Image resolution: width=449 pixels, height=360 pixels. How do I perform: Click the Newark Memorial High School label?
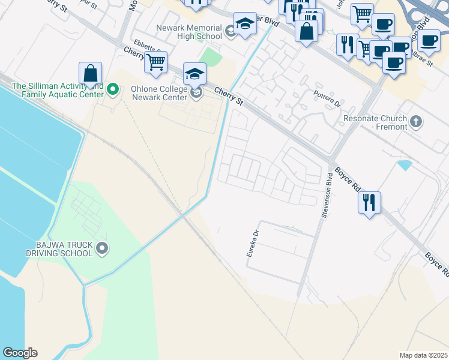(188, 32)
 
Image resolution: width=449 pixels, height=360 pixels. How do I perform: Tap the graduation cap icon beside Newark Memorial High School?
(244, 25)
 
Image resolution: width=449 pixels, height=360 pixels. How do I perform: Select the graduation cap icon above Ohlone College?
(194, 74)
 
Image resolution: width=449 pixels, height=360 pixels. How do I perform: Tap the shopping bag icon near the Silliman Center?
(90, 73)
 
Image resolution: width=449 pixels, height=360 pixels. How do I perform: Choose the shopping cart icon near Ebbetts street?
(155, 62)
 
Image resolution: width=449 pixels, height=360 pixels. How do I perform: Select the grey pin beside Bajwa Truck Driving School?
(102, 248)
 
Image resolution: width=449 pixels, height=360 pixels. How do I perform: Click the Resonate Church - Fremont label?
(375, 123)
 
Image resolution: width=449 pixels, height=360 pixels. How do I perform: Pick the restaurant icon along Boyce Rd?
(369, 202)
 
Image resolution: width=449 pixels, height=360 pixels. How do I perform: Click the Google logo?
(20, 353)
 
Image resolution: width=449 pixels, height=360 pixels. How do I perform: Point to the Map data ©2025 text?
(423, 355)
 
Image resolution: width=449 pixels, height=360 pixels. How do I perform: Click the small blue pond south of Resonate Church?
(405, 164)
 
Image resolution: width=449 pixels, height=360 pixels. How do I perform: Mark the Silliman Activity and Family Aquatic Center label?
(58, 90)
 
